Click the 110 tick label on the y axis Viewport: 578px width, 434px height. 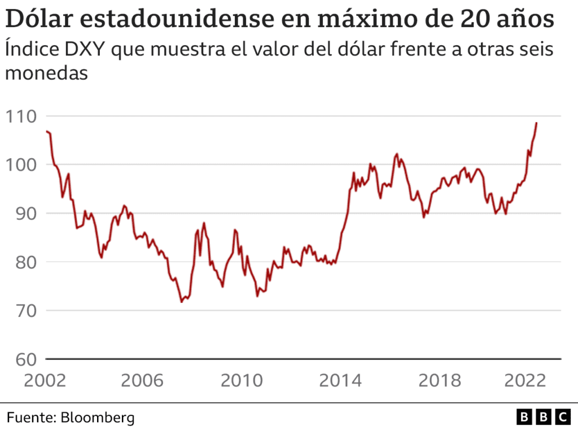(x=20, y=116)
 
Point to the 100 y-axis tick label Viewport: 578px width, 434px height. (x=20, y=165)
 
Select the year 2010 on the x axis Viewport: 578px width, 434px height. (x=242, y=380)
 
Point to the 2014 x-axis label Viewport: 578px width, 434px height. (x=340, y=380)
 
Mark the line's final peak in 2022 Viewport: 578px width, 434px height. (x=536, y=123)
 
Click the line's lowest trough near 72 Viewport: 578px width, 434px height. (x=181, y=302)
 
